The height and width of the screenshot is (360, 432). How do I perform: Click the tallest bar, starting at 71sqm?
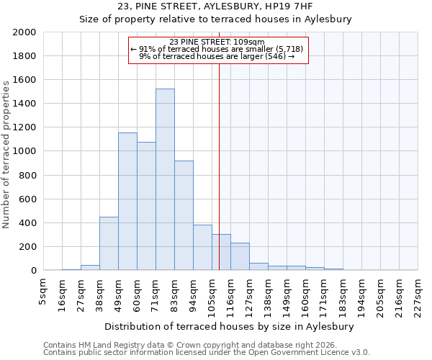tap(165, 179)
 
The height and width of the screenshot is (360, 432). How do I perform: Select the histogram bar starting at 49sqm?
tap(127, 202)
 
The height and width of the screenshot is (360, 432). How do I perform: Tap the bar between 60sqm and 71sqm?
tap(146, 206)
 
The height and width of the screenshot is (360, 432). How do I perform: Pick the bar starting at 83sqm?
tap(184, 215)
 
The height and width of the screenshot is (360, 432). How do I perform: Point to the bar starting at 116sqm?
tap(240, 256)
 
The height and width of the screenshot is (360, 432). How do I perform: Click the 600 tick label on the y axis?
tap(27, 199)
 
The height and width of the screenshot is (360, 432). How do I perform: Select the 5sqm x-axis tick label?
tap(43, 292)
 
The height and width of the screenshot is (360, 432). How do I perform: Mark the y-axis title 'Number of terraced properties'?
tap(6, 154)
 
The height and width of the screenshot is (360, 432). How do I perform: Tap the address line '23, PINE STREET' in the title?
tap(215, 6)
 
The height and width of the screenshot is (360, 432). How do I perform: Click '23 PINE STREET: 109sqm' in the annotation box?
tap(218, 42)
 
